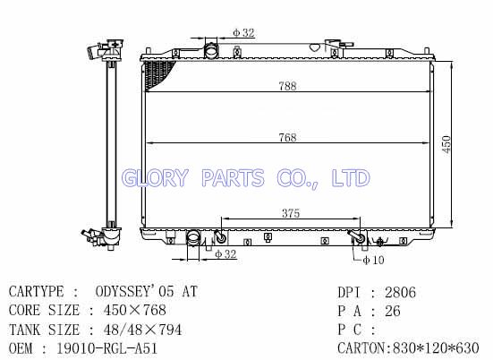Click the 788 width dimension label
click(x=288, y=86)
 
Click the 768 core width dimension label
click(x=288, y=138)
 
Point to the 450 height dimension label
click(x=446, y=144)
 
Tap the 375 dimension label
click(x=291, y=213)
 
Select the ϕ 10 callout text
click(x=373, y=260)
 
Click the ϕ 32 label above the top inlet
click(x=243, y=32)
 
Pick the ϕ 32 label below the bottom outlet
click(x=225, y=254)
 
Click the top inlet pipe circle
click(x=211, y=50)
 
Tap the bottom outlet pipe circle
click(x=193, y=236)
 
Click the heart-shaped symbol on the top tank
click(x=315, y=47)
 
